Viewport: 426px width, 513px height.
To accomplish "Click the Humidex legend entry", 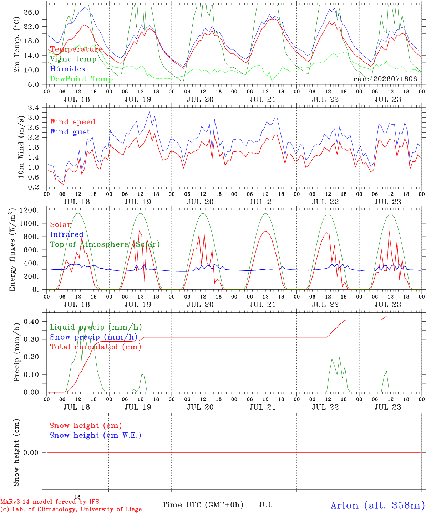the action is click(68, 69).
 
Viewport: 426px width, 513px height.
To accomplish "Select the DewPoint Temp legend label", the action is click(81, 79).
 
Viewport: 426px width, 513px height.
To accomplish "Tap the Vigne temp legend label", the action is click(73, 59).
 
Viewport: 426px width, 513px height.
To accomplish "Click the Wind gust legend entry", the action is click(70, 132).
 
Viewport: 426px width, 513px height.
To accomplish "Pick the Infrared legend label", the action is click(67, 234).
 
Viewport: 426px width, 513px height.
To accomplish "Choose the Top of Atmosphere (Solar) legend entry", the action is click(105, 244).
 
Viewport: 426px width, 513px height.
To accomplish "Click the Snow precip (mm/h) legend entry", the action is click(94, 337).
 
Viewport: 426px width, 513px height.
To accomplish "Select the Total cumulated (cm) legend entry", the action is click(96, 347).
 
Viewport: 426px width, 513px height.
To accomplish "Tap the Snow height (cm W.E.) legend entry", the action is click(95, 436).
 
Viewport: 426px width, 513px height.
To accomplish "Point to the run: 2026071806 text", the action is click(385, 79).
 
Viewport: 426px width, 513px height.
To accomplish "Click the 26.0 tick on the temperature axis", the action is click(31, 12).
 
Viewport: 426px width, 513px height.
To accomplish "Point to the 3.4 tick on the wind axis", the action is click(34, 108).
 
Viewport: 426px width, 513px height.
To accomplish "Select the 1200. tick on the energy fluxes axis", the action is click(29, 210).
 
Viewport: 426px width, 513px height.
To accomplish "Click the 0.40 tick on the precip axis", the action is click(31, 322).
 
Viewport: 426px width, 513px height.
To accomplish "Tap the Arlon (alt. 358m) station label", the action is click(376, 506).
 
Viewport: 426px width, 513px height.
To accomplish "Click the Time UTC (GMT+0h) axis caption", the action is click(203, 505).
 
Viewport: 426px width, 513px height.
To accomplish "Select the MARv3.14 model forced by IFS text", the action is click(50, 502).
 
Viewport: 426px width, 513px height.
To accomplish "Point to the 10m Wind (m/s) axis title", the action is click(21, 147).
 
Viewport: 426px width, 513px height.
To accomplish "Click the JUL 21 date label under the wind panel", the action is click(263, 202).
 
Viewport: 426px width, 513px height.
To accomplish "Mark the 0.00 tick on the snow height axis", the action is click(31, 453).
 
